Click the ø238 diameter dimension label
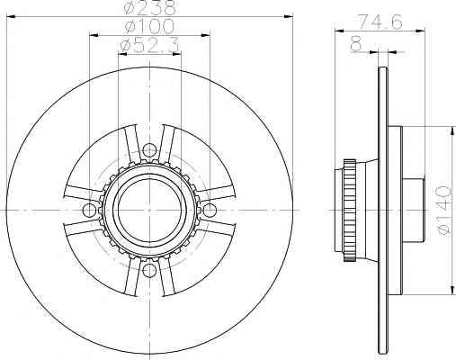pyautogui.click(x=149, y=8)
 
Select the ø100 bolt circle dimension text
pyautogui.click(x=149, y=26)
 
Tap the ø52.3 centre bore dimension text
pyautogui.click(x=149, y=46)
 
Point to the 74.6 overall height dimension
pyautogui.click(x=380, y=22)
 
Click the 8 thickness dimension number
pyautogui.click(x=356, y=44)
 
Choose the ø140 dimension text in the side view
pyautogui.click(x=444, y=211)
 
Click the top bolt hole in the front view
pyautogui.click(x=149, y=150)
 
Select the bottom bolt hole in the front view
pyautogui.click(x=149, y=270)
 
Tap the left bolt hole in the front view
pyautogui.click(x=89, y=210)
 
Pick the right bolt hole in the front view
pyautogui.click(x=210, y=210)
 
